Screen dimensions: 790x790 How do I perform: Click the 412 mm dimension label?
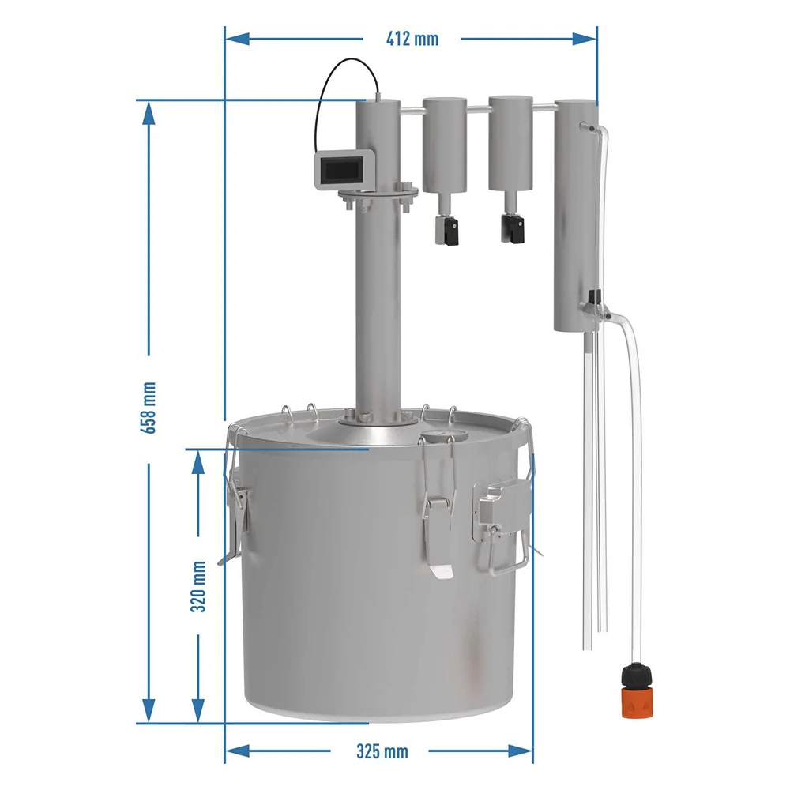click(x=412, y=39)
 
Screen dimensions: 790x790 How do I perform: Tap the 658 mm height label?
click(x=149, y=408)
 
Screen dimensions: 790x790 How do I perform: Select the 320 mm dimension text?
click(x=198, y=586)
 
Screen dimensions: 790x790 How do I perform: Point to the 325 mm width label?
click(x=382, y=751)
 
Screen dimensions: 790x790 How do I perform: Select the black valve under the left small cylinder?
click(x=447, y=229)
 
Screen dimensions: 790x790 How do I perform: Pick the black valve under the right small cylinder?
click(x=513, y=228)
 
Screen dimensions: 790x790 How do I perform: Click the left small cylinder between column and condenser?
click(x=444, y=145)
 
